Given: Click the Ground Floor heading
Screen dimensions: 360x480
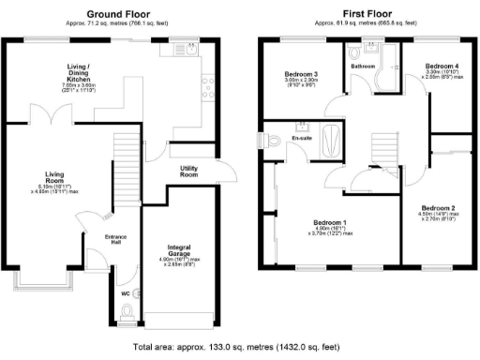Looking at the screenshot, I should (x=119, y=13).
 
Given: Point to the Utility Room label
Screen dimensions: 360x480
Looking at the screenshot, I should (x=189, y=172).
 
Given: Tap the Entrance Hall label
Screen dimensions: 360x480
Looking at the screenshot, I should (x=114, y=239).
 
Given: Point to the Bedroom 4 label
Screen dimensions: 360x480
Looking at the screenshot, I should (x=441, y=67).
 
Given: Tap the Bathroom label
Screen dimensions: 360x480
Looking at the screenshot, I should (x=363, y=67).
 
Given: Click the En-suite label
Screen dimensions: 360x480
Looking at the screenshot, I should (x=302, y=139).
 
